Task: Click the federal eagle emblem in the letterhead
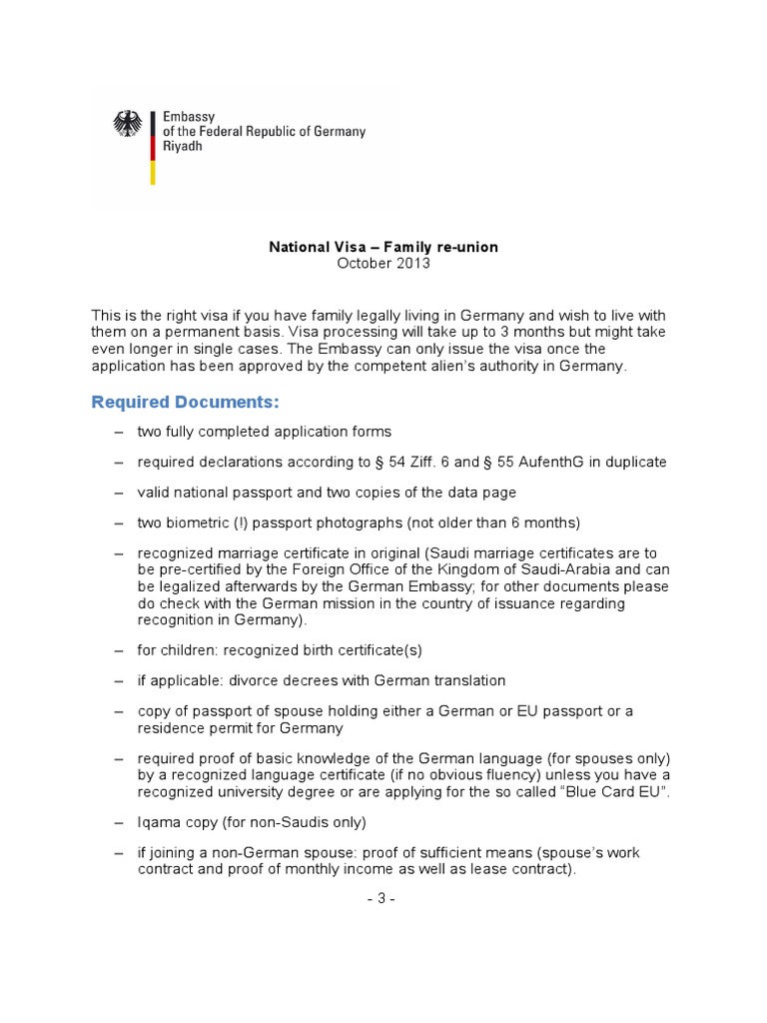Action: pyautogui.click(x=128, y=124)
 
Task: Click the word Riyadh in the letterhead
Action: pyautogui.click(x=185, y=146)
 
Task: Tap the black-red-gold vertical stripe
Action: pyautogui.click(x=152, y=147)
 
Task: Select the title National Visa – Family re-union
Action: pyautogui.click(x=383, y=246)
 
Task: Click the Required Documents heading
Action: pyautogui.click(x=186, y=402)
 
